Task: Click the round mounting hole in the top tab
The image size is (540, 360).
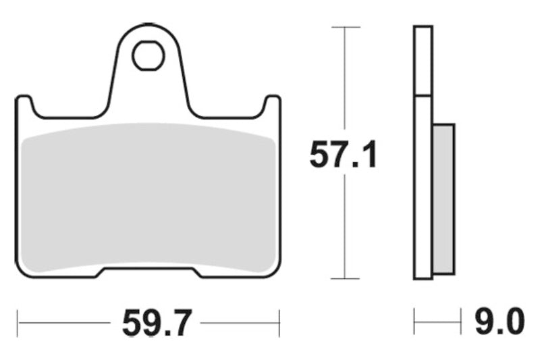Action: tap(148, 56)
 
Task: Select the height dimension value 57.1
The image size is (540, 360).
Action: tap(344, 155)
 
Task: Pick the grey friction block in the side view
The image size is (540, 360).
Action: tap(443, 199)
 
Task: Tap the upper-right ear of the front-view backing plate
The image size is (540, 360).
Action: tap(273, 105)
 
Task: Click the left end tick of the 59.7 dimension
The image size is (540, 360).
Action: tap(18, 324)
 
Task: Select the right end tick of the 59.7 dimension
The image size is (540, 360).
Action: tap(279, 324)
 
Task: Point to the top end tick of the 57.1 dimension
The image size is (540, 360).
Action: tap(345, 27)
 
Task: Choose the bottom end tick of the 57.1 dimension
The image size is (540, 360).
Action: tap(345, 278)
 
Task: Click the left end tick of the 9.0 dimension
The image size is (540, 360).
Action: tap(414, 324)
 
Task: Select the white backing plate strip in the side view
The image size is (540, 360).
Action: tap(423, 189)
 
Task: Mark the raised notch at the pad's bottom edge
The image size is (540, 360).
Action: tap(148, 272)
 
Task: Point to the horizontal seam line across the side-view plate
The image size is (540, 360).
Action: tap(423, 95)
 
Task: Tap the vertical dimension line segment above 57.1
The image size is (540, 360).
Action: tap(345, 81)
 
